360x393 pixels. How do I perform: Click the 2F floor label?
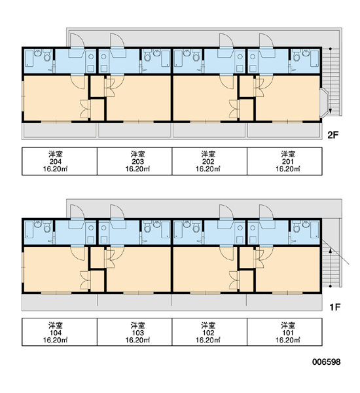(333, 135)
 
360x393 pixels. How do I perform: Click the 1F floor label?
(334, 307)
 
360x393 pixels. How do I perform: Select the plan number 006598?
(326, 362)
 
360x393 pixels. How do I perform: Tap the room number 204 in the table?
(56, 162)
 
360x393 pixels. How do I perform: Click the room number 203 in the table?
(138, 162)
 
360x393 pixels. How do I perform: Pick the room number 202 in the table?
(208, 162)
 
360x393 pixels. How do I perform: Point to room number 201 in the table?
(288, 162)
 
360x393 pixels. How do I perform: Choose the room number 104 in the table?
(56, 333)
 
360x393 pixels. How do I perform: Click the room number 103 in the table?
(138, 333)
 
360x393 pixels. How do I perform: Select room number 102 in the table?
(208, 333)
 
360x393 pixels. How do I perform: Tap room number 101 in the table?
(288, 333)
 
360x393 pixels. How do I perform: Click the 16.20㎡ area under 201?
(288, 169)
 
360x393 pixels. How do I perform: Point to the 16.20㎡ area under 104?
(56, 340)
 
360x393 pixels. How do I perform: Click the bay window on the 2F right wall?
(324, 103)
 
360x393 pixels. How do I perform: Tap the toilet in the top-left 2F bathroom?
(47, 57)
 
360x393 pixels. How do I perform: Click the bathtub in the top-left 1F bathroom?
(29, 230)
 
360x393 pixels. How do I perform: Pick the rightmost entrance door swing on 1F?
(266, 212)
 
